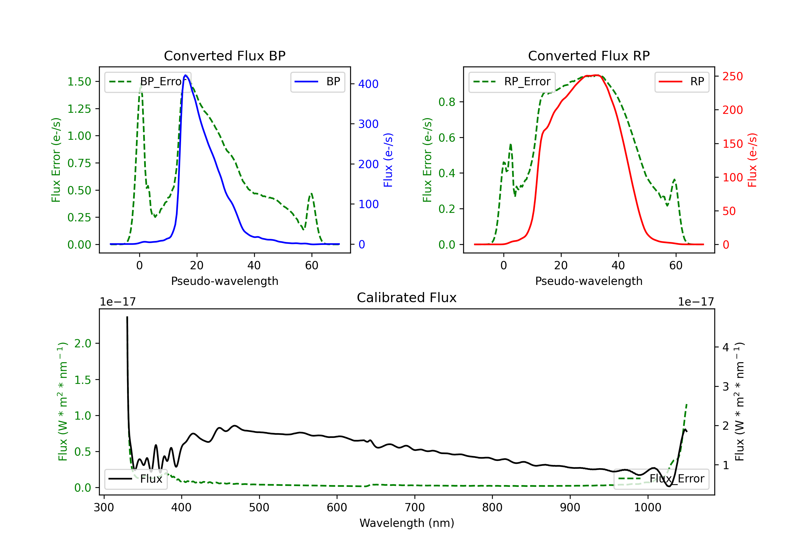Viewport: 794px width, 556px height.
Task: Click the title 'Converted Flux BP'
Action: [224, 56]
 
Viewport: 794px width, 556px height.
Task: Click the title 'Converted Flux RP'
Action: [589, 56]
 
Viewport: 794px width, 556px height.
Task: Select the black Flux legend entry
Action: [136, 479]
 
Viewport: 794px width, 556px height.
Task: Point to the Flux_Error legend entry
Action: [661, 479]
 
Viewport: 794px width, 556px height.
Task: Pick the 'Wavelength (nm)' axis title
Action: [407, 523]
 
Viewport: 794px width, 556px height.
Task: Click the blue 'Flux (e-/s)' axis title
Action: [388, 160]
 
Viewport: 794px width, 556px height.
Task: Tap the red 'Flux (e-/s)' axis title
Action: [752, 160]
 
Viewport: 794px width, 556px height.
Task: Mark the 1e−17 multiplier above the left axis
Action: [118, 302]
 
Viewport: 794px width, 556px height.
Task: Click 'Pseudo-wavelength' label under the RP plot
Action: [589, 281]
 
